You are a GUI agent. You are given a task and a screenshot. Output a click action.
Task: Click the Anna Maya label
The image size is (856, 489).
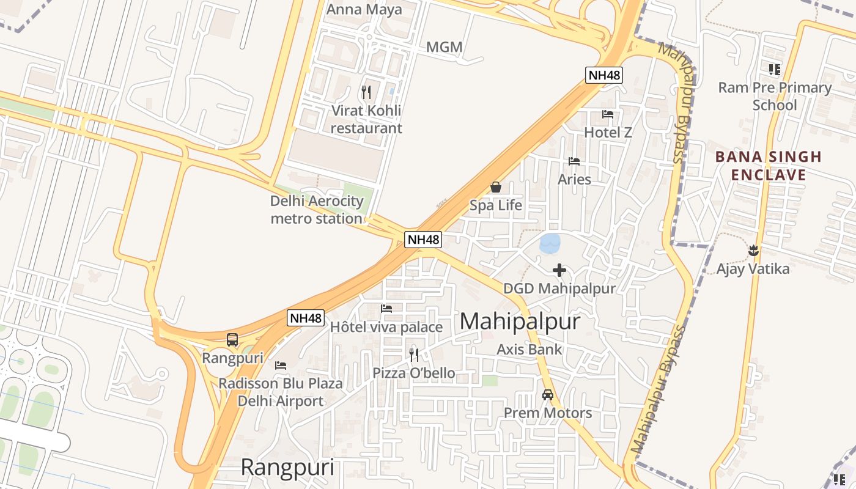(x=364, y=9)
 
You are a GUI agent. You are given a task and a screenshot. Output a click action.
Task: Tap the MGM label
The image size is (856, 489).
(x=444, y=47)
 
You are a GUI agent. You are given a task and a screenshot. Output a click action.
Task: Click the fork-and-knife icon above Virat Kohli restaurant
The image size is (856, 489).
(x=366, y=92)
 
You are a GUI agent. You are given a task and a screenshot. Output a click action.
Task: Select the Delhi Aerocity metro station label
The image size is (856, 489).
(x=317, y=210)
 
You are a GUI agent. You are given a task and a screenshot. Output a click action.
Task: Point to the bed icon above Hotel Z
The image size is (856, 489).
(x=607, y=114)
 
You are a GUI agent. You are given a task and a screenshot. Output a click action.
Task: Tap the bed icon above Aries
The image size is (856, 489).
(x=574, y=161)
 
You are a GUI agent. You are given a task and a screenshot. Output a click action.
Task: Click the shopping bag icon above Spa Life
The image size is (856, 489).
(x=496, y=187)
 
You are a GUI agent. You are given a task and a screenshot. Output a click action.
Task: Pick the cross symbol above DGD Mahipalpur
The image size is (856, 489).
(x=559, y=270)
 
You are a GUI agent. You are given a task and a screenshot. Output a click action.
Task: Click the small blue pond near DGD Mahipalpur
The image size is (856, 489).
(x=549, y=243)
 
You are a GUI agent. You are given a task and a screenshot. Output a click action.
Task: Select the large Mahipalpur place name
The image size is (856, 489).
(x=519, y=322)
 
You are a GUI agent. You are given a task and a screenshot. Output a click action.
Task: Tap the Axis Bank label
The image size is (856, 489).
(x=529, y=350)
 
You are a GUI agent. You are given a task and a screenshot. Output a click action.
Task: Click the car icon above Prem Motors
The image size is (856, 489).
(x=548, y=395)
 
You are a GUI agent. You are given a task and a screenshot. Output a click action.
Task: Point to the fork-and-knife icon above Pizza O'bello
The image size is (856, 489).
(x=414, y=355)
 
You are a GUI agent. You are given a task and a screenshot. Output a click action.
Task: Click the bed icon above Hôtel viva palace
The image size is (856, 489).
(x=386, y=309)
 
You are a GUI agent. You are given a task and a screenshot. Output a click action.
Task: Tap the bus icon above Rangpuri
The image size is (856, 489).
(x=232, y=339)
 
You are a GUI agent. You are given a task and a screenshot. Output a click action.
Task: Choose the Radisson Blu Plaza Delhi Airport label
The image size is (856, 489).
(x=281, y=392)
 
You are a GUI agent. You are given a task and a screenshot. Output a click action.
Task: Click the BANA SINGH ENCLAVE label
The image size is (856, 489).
(x=769, y=166)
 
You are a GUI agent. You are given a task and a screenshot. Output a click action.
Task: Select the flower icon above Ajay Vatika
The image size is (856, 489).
(x=753, y=250)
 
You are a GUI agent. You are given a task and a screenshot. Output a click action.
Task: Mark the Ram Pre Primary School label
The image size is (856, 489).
(x=775, y=96)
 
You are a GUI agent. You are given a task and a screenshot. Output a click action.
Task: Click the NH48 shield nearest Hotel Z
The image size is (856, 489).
(x=604, y=75)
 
